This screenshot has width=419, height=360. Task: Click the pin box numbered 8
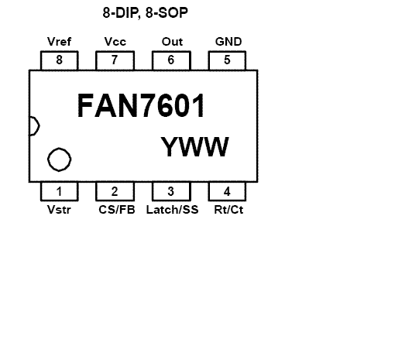click(60, 60)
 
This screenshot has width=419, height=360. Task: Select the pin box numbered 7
click(115, 60)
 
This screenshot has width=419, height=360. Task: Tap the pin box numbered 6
click(171, 60)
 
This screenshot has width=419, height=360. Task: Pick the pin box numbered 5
click(227, 60)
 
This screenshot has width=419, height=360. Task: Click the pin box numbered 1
click(60, 191)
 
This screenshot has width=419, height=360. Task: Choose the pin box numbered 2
click(115, 191)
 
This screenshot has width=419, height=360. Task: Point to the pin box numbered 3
click(171, 191)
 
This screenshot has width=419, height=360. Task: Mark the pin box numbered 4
click(227, 191)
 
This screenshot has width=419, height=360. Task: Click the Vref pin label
click(59, 42)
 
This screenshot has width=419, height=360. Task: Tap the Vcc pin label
click(115, 42)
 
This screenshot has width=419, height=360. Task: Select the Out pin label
click(172, 42)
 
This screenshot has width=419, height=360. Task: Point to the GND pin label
click(228, 42)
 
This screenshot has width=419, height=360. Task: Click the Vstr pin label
click(59, 210)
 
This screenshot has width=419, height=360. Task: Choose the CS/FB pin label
click(117, 210)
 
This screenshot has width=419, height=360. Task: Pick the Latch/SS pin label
click(173, 210)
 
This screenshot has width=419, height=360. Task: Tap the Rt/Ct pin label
click(228, 210)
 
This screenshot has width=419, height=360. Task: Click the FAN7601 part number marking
click(141, 105)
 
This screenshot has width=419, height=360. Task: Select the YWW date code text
click(195, 146)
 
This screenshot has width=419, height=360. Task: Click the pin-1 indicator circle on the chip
click(60, 148)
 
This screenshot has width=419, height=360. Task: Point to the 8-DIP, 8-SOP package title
click(146, 13)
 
